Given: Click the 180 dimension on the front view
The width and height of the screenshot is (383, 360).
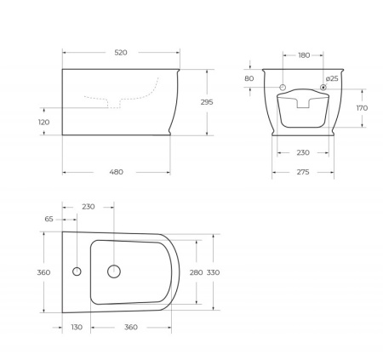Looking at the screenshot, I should tap(304, 55).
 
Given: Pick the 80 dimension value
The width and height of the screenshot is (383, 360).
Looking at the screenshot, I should tap(249, 79).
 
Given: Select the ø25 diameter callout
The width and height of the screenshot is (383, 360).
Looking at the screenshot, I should tap(332, 78).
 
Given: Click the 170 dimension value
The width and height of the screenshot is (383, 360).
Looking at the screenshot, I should tap(362, 108).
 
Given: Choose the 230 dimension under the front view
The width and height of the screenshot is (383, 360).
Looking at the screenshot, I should tap(303, 154).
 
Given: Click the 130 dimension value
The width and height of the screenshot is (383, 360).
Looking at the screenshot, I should tap(77, 328).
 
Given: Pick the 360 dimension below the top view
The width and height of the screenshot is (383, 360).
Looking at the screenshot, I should tap(131, 328).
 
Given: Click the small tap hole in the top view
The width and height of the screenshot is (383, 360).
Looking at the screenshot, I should tap(77, 272).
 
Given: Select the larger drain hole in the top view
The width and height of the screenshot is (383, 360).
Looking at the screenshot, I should tap(112, 272).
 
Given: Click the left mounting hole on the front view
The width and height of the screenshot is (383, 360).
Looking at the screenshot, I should tap(283, 88).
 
